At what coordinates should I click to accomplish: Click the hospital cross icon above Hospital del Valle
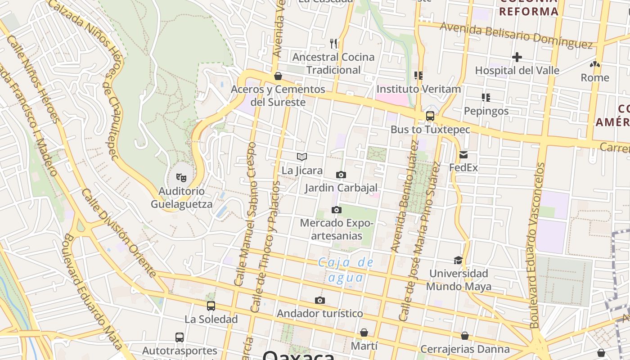(517, 57)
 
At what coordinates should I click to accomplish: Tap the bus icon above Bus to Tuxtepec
(430, 116)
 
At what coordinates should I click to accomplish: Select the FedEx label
(463, 168)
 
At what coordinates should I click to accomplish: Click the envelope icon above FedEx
(463, 155)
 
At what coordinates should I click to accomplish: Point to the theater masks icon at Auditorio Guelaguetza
(181, 177)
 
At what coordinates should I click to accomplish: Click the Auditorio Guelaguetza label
(181, 198)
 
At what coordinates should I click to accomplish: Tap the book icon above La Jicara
(302, 157)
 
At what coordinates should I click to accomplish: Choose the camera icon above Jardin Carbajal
(341, 175)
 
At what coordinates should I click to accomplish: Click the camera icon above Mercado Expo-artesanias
(336, 210)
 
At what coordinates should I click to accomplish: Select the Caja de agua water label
(346, 270)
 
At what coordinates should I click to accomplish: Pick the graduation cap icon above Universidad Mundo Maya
(458, 260)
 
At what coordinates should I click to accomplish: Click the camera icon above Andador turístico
(320, 300)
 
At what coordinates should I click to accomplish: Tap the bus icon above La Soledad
(211, 306)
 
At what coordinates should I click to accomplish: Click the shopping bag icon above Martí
(364, 333)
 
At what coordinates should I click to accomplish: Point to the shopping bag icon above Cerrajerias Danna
(465, 336)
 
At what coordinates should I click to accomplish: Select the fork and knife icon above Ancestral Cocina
(333, 44)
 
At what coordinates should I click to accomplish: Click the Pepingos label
(486, 111)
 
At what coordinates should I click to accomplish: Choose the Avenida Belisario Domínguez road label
(516, 35)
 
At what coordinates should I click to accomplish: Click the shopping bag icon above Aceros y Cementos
(278, 76)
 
